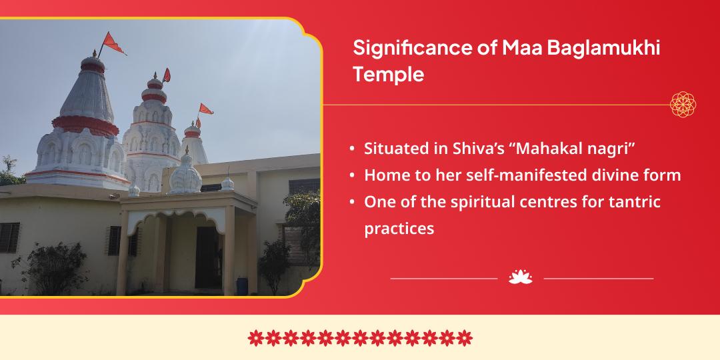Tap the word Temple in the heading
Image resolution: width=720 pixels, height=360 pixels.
[389, 75]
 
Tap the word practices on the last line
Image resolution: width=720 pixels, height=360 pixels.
[399, 229]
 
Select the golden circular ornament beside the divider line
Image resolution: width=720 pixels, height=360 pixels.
[683, 105]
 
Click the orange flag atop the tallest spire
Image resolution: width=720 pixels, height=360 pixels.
[113, 43]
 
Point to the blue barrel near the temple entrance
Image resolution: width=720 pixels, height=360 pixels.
[241, 286]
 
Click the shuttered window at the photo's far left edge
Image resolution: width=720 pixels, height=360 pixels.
[9, 238]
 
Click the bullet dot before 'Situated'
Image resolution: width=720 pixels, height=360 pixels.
[352, 149]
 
